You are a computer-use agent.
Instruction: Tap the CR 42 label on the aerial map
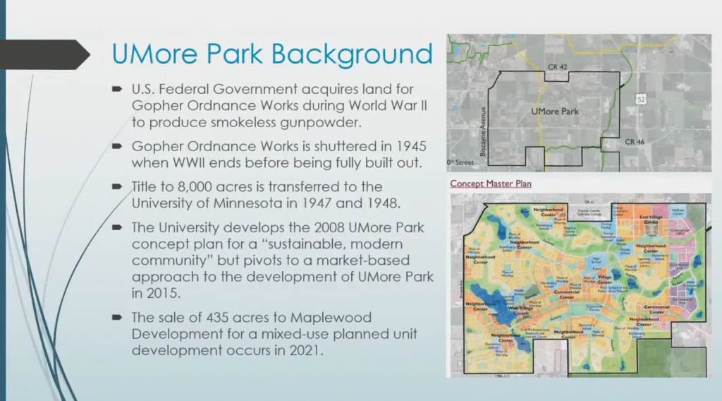point(557,66)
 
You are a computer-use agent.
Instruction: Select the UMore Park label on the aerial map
point(555,112)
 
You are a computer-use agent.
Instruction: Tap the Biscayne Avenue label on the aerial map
point(483,123)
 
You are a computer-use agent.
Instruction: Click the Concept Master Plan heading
point(491,184)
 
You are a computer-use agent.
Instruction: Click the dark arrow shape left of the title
point(42,54)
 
